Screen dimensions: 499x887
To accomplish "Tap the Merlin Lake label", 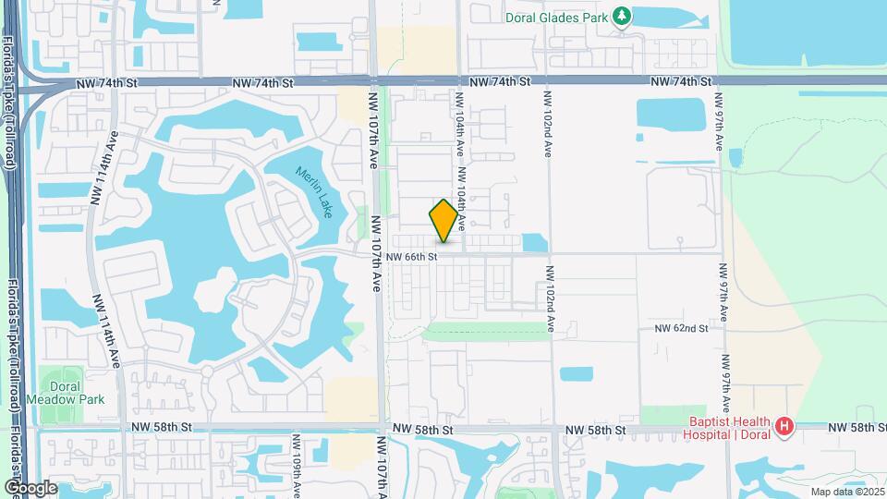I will [x=314, y=192].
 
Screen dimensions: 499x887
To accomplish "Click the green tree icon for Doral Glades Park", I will [x=623, y=16].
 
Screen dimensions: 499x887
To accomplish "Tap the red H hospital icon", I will [x=784, y=426].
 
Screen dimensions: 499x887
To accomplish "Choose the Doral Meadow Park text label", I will [x=65, y=392].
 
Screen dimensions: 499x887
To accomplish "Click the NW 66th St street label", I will [x=411, y=256].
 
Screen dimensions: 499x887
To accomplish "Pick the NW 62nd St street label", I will [x=681, y=328].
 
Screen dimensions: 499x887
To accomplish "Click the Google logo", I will [x=30, y=487].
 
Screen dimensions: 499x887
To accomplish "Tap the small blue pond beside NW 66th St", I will [x=534, y=243].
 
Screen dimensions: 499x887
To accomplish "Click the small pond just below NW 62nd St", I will [x=576, y=374].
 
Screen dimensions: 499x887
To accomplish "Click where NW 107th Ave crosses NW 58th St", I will [x=379, y=429].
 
